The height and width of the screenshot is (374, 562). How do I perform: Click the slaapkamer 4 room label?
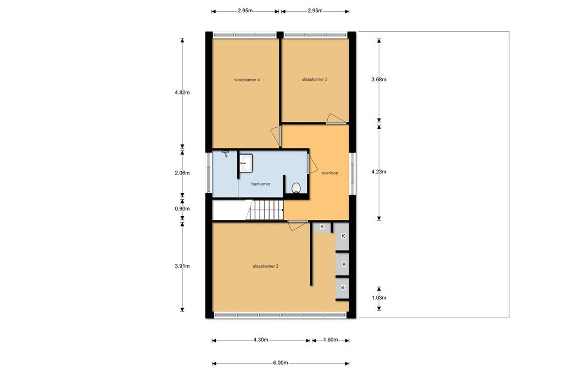click(247, 80)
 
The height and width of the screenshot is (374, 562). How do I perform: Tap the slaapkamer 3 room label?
click(315, 79)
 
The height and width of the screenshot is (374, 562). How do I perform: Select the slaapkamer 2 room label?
click(266, 266)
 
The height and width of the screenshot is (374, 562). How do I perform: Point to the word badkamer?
click(261, 184)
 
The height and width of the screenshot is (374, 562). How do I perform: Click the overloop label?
click(330, 173)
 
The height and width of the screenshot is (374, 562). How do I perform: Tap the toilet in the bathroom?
click(296, 188)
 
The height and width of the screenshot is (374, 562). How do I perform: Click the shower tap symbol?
click(225, 153)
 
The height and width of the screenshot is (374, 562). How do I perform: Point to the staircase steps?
click(265, 210)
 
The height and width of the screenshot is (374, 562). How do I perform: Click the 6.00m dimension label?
click(280, 363)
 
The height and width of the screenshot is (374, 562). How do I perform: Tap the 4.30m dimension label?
click(261, 340)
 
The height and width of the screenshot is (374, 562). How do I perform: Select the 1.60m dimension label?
click(330, 340)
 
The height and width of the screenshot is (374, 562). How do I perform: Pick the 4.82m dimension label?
click(182, 92)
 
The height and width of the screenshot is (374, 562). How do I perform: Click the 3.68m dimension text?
click(379, 80)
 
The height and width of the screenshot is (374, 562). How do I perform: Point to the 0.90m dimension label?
click(182, 209)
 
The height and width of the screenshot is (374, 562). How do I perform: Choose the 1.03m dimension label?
click(379, 298)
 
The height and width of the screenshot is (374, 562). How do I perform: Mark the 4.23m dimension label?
click(379, 172)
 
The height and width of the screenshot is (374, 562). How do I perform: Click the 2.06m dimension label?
click(182, 173)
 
